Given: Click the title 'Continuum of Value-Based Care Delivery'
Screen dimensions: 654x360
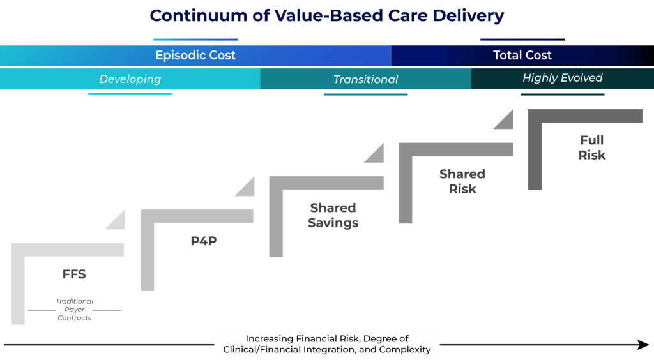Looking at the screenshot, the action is click(327, 16).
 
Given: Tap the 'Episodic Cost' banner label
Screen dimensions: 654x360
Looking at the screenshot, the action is click(195, 56).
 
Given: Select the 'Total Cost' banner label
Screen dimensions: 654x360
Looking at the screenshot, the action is click(522, 56).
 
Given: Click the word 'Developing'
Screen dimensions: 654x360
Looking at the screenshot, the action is click(130, 80).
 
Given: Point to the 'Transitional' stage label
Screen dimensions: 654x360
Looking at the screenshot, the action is click(365, 80).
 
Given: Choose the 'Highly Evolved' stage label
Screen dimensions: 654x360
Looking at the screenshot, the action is click(562, 79).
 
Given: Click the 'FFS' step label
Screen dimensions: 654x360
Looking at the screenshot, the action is click(74, 274).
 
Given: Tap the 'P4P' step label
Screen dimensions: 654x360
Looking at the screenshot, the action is click(204, 241).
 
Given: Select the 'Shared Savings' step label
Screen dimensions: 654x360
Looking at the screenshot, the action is click(333, 215).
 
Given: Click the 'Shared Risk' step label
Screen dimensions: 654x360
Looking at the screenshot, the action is click(462, 181).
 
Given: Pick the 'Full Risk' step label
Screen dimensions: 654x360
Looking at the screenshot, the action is click(592, 147).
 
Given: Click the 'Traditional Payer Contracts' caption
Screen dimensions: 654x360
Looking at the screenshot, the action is click(74, 310).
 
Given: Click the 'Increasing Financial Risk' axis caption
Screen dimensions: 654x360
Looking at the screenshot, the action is click(327, 344).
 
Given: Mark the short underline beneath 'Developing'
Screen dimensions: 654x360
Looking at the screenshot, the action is click(130, 94).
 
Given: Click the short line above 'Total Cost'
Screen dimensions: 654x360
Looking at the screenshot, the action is click(522, 40).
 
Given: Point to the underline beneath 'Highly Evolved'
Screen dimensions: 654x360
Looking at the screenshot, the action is click(562, 94).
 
